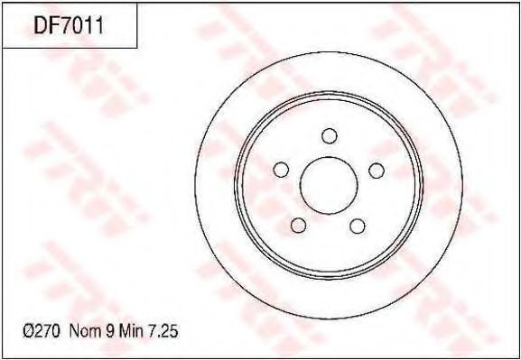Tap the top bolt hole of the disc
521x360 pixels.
click(x=328, y=135)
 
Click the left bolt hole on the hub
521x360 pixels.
click(x=280, y=171)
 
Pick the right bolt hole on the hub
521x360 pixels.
click(x=377, y=171)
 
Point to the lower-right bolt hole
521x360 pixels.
click(x=358, y=225)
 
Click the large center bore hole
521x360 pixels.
click(x=328, y=185)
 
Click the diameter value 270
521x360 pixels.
click(x=48, y=333)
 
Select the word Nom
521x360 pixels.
click(x=83, y=333)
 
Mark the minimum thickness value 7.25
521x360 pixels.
click(x=163, y=333)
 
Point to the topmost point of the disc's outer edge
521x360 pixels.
click(x=329, y=52)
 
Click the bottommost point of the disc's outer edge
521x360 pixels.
click(x=329, y=318)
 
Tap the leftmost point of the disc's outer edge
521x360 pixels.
click(x=195, y=185)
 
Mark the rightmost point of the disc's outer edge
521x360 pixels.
click(x=461, y=185)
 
